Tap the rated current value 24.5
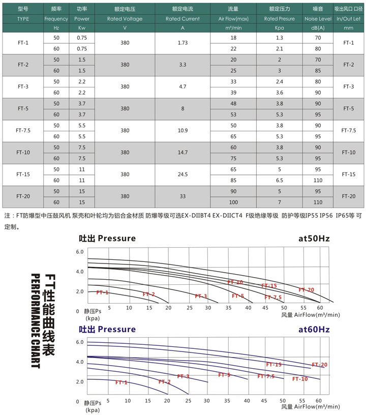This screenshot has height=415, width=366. tap(183, 174)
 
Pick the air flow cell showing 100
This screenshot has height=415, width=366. tap(233, 202)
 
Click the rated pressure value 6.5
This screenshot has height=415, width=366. tap(279, 180)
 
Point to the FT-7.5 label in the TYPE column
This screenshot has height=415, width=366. tap(23, 131)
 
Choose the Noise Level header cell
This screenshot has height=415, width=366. tap(318, 19)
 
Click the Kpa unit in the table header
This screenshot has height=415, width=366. tap(279, 28)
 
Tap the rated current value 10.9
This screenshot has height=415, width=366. tap(183, 131)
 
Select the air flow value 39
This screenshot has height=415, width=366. tap(233, 92)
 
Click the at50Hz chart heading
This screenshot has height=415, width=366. tap(314, 238)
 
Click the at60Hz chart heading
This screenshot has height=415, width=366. tap(314, 330)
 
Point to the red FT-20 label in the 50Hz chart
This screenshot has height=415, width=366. tap(307, 290)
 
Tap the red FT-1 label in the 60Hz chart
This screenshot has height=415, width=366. tap(121, 382)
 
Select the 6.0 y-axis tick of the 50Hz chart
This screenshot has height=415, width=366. tap(79, 252)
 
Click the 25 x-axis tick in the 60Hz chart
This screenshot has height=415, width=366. tap(188, 401)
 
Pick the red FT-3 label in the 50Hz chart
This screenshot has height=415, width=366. tap(201, 297)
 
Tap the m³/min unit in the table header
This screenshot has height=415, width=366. tap(233, 28)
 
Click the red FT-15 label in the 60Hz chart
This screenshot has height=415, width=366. tap(273, 365)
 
